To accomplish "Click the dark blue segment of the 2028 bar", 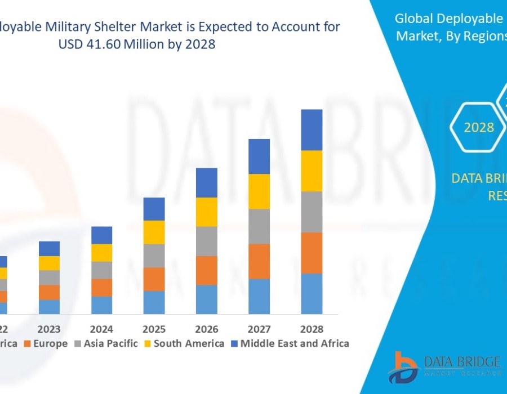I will point(312,129).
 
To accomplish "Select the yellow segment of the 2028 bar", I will point(312,171).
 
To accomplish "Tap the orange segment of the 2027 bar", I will point(259,261).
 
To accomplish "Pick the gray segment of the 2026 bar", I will point(207,241).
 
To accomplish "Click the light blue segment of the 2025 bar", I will point(154,302).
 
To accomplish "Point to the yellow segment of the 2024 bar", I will point(101,253).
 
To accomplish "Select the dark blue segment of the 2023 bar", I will point(49,248).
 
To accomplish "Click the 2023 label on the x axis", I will point(49,329).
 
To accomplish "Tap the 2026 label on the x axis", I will point(207,329).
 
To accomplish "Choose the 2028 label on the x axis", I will point(312,329).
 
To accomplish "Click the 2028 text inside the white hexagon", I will point(479,128).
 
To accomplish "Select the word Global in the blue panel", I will point(414,19).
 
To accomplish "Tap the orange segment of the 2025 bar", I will point(154,279).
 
